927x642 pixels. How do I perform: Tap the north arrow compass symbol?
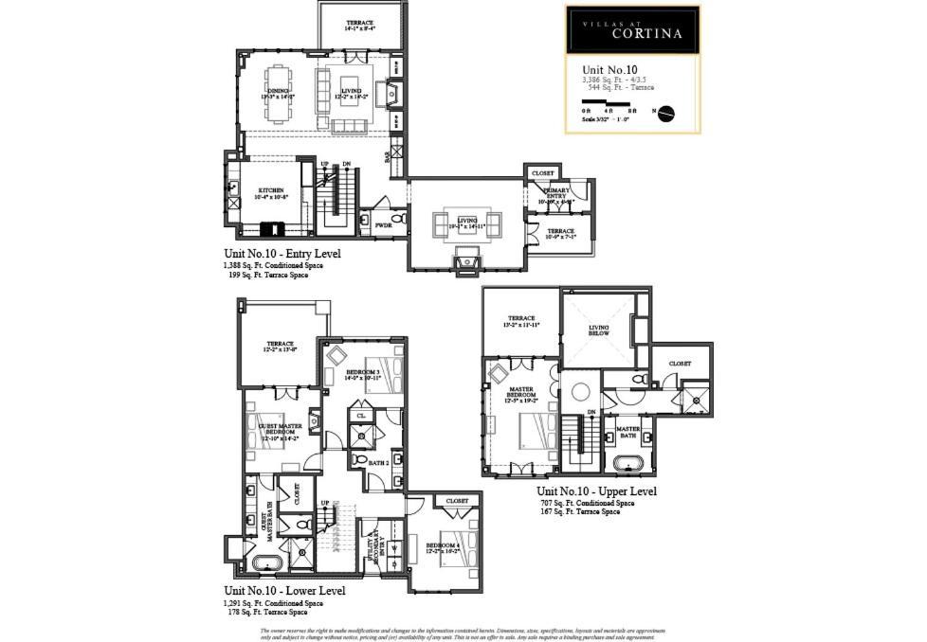[665, 112]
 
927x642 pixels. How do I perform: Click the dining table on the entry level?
[278, 93]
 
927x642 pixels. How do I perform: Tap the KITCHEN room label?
[271, 192]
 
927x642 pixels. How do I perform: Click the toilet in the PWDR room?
[399, 219]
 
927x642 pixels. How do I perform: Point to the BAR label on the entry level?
[388, 156]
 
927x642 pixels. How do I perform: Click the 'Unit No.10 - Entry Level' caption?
[282, 254]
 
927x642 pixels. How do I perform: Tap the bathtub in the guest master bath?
[266, 563]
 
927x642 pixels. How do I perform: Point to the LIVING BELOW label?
[598, 330]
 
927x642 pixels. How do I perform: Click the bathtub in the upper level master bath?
[627, 464]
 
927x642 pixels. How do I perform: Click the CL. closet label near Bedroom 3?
[361, 416]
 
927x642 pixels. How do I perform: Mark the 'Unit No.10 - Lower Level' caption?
[283, 591]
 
